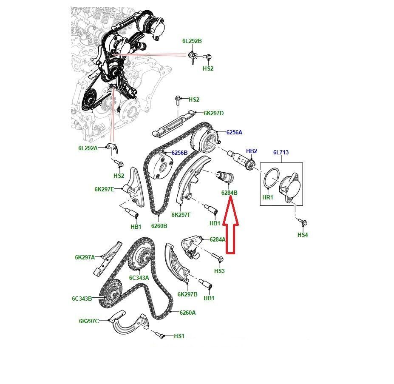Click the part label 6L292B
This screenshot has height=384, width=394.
tap(192, 41)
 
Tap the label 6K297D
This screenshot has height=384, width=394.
tap(213, 114)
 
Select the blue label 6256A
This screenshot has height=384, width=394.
tap(234, 132)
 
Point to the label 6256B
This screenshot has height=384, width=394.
tap(179, 153)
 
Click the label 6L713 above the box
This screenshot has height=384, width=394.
tap(281, 152)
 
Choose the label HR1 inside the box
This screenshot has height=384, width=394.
tap(268, 197)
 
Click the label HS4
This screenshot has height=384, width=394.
tap(303, 235)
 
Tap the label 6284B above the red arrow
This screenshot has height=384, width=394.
tap(229, 193)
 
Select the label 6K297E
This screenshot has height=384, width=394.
tap(104, 189)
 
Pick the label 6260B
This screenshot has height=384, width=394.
tap(159, 226)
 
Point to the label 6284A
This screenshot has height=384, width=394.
tap(218, 240)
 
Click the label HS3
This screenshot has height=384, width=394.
tap(219, 271)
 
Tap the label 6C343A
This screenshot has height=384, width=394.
tap(139, 278)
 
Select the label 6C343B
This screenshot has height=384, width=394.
tap(82, 299)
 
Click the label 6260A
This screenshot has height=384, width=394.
tap(187, 313)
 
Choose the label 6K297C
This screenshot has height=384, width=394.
tap(89, 321)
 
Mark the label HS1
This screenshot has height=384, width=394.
tap(179, 336)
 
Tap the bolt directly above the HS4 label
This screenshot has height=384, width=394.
tap(303, 222)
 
